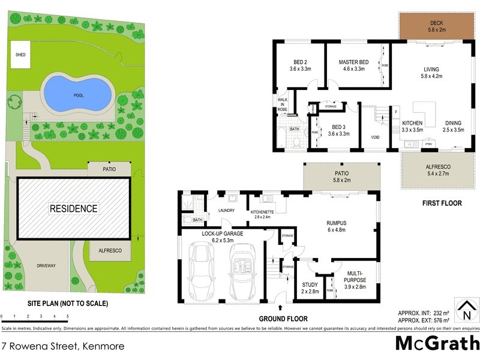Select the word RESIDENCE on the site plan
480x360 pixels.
[73, 209]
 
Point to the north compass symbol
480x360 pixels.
[464, 310]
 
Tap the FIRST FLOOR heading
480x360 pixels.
[442, 203]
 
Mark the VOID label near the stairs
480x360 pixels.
[375, 137]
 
